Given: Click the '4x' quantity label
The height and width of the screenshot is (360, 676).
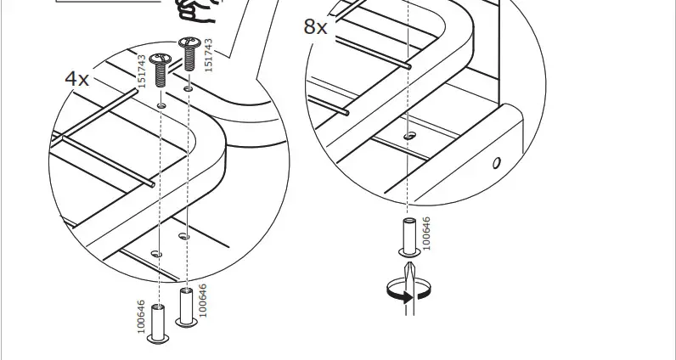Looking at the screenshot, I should [77, 79].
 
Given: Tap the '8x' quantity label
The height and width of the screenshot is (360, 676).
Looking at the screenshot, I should [315, 27].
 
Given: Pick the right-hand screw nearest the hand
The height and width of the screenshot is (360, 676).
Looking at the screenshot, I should [187, 53].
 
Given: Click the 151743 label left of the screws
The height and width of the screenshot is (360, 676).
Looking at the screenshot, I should [143, 70].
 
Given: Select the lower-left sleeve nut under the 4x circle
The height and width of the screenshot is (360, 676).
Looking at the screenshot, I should [158, 323].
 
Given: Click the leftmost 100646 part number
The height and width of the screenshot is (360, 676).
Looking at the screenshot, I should [141, 317].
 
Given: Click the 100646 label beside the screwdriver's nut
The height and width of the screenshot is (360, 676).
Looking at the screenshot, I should [426, 233].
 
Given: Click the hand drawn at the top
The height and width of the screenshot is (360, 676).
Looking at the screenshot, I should [194, 12].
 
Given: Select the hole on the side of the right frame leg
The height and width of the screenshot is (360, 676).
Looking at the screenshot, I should [497, 162].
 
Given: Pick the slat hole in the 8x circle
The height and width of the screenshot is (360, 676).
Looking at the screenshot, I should [410, 134].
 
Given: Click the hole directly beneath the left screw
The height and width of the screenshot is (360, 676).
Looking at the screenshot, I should [161, 106].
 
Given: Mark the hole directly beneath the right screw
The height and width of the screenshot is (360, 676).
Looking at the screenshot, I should [187, 87].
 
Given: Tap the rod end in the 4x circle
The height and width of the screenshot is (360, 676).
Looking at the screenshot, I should [149, 183].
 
